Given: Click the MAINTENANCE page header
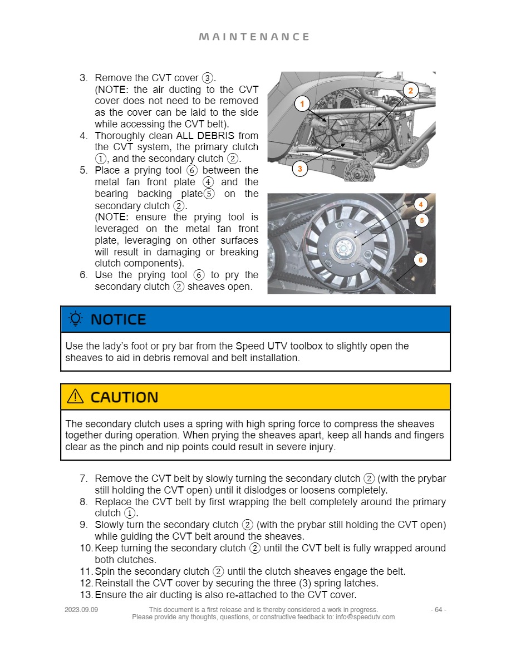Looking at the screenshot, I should pos(254,37).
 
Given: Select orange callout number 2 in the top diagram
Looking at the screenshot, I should pos(410,91).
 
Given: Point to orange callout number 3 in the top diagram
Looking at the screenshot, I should pos(299,169).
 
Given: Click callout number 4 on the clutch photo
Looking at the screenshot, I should pos(421,204).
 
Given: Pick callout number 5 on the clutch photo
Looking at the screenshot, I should pos(421,220).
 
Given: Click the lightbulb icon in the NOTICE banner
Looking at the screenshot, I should pos(75,319).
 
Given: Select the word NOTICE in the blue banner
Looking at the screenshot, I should pos(118,319).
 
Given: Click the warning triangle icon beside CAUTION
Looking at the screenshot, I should pos(75,397).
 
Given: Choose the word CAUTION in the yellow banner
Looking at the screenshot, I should pos(124,397).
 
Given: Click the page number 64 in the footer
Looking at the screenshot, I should pos(439,610).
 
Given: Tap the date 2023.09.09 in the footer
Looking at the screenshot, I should pos(81,610).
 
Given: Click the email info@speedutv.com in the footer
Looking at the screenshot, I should pos(365,617).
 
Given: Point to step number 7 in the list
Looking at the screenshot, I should pos(83,479).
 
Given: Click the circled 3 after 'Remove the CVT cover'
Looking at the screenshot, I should pos(208,78).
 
